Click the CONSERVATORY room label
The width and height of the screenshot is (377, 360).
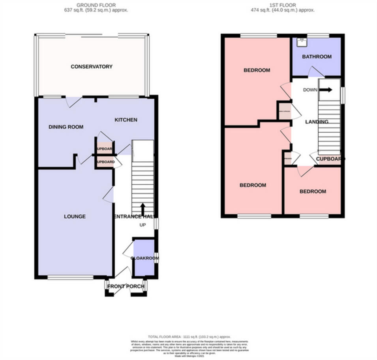click(92, 67)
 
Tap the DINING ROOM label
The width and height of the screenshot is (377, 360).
click(66, 127)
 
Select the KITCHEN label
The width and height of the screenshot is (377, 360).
click(126, 120)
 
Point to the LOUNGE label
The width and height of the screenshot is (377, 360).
click(75, 216)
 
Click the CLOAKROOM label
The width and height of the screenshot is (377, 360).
click(144, 258)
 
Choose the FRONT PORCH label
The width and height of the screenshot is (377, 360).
click(126, 286)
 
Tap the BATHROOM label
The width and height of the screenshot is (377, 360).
click(317, 57)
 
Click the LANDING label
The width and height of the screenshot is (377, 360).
click(317, 122)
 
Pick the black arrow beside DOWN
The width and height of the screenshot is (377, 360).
click(326, 90)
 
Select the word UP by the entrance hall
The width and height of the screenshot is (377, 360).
click(143, 225)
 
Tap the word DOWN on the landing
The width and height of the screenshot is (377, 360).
click(310, 90)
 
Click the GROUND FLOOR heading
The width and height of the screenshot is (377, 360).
click(96, 5)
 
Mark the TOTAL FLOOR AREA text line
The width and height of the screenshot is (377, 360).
click(190, 337)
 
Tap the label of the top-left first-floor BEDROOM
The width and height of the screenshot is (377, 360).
click(257, 70)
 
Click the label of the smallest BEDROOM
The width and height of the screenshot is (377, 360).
click(313, 191)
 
